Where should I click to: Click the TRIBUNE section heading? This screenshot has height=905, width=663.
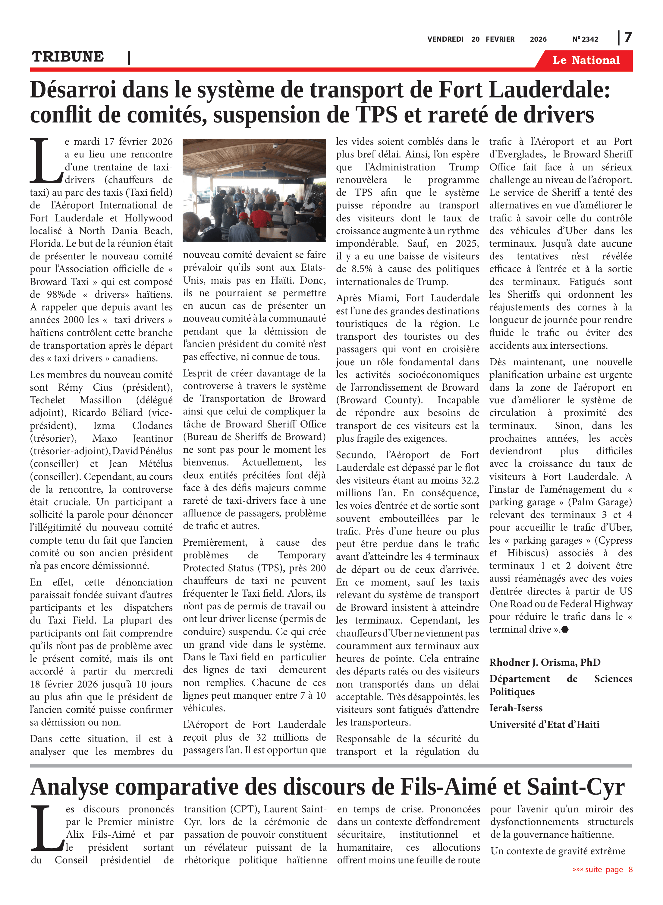pyautogui.click(x=68, y=57)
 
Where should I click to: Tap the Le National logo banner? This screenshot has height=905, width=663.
pyautogui.click(x=586, y=60)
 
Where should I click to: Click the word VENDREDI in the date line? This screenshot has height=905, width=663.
pyautogui.click(x=445, y=39)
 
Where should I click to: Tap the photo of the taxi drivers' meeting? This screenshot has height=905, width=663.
pyautogui.click(x=254, y=190)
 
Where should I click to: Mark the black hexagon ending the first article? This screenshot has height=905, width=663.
pyautogui.click(x=565, y=630)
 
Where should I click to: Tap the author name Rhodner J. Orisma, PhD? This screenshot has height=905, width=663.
pyautogui.click(x=545, y=662)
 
